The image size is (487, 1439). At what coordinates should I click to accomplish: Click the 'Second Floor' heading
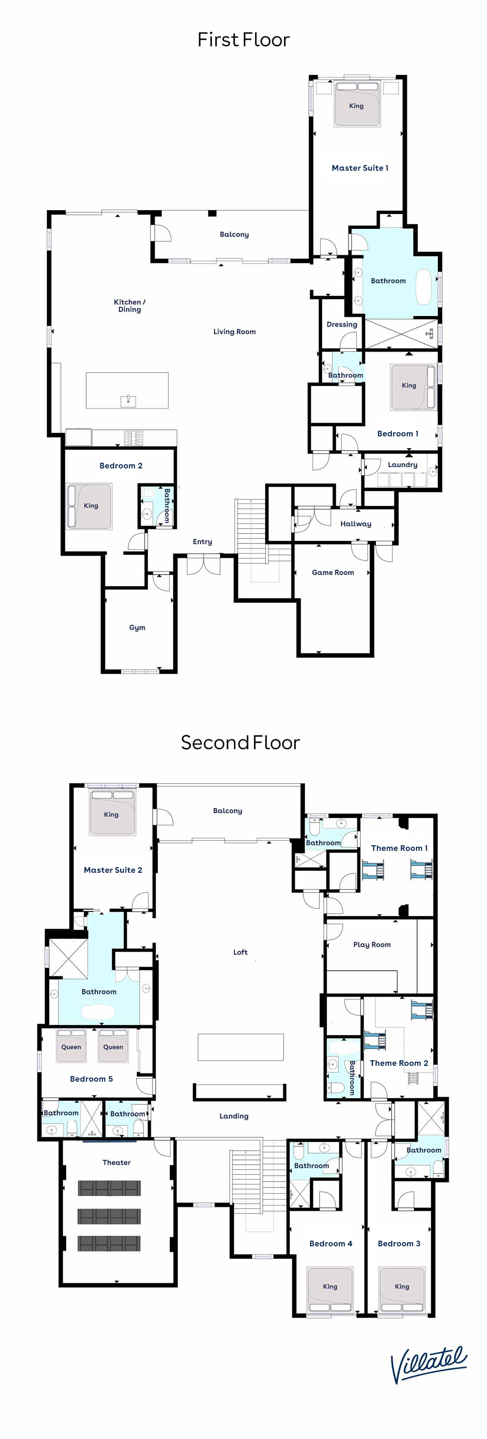240,742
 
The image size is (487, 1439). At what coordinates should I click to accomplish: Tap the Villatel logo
428,1364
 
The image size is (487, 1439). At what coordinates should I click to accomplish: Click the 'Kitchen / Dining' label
130,305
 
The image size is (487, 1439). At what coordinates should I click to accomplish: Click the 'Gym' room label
137,627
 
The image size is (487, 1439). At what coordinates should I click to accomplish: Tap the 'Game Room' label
333,573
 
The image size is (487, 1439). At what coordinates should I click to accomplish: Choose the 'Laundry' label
403,465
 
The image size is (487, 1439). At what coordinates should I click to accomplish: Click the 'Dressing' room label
342,324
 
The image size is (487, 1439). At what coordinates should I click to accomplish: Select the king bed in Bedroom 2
89,506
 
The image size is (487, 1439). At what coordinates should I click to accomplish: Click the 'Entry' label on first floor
203,542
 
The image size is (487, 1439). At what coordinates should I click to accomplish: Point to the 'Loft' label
240,952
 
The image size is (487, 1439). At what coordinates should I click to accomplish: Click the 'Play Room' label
372,945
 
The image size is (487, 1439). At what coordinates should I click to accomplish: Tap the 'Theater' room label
116,1162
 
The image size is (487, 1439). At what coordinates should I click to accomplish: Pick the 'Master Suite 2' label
113,870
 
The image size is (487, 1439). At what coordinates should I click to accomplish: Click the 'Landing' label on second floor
234,1116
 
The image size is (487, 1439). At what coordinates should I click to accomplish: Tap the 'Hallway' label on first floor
356,524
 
